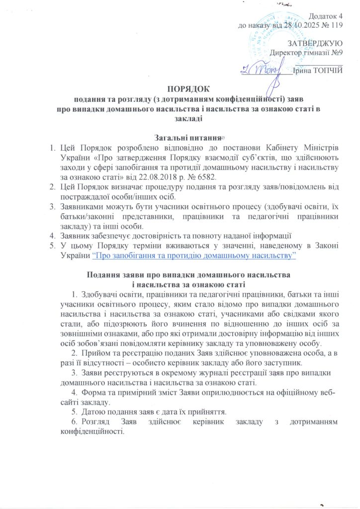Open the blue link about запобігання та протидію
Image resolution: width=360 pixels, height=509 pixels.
194,254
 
